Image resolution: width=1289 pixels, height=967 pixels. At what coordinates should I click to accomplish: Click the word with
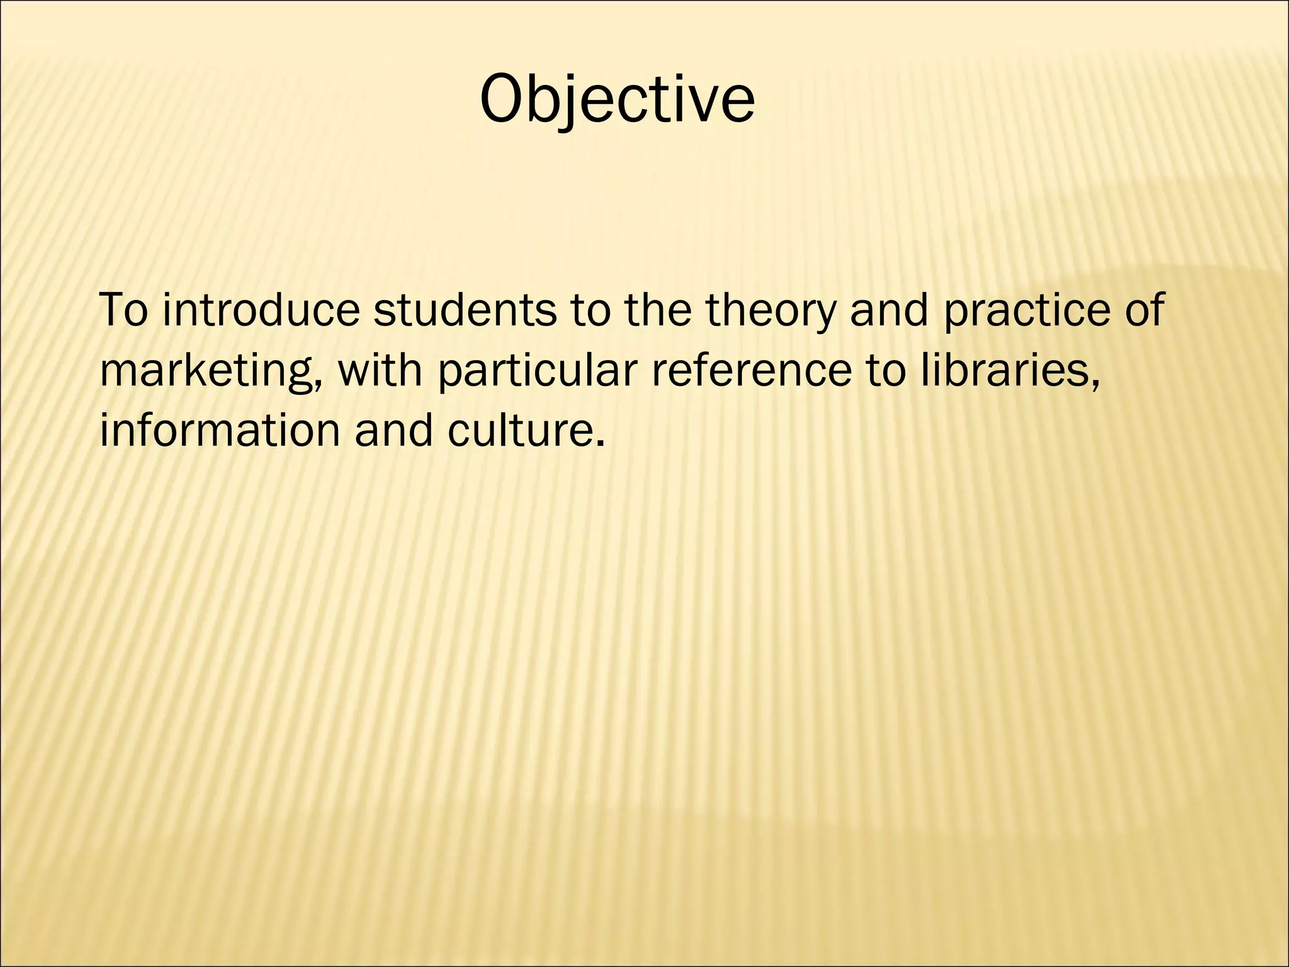(x=380, y=370)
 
